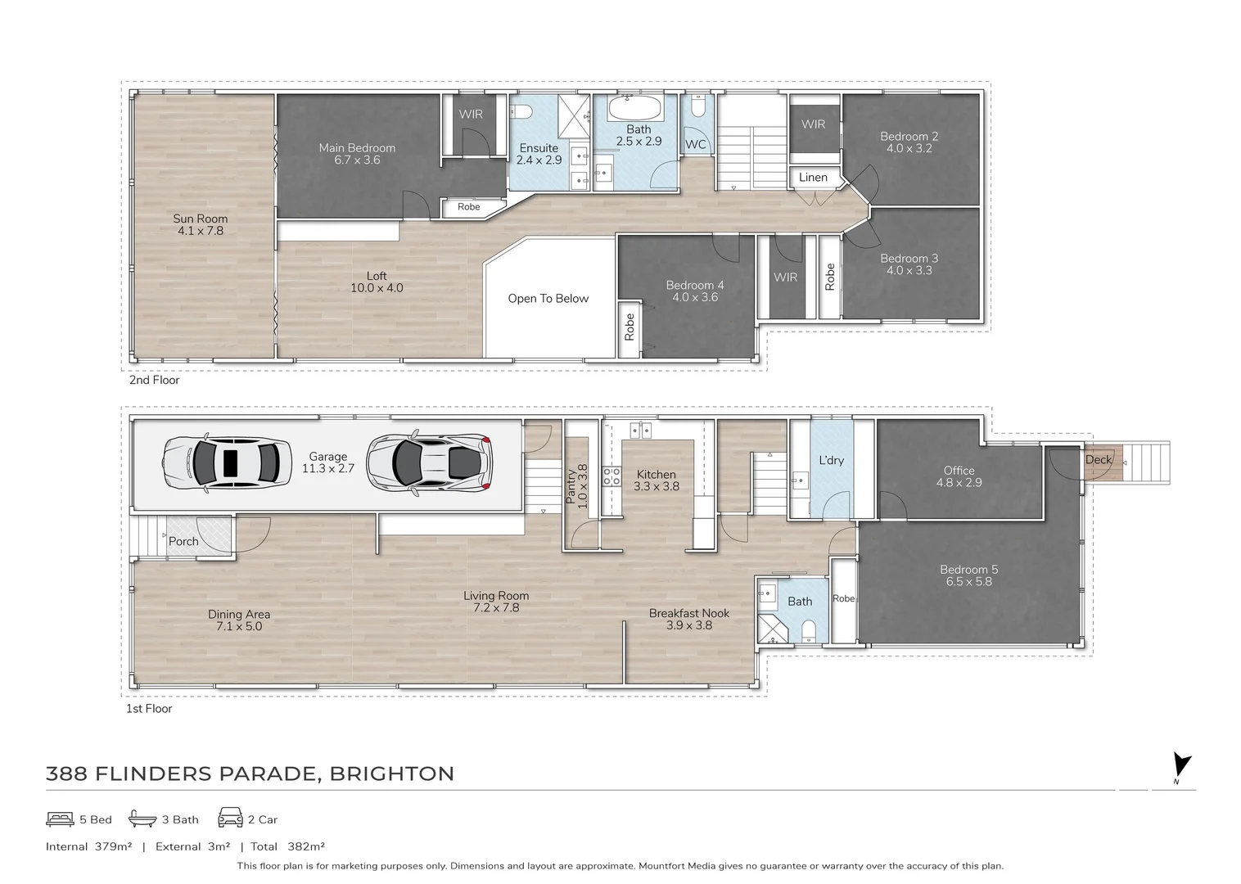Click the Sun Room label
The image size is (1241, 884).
200,219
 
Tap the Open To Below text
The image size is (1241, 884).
548,299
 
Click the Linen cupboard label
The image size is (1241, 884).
813,178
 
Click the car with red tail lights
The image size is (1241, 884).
430,463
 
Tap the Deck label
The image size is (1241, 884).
1099,460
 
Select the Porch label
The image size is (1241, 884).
183,542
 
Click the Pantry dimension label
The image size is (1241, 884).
582,487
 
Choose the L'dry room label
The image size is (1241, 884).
831,461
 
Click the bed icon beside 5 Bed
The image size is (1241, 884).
60,819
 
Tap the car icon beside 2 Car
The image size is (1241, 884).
230,819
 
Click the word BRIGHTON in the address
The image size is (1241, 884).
391,774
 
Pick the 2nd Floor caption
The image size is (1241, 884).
154,380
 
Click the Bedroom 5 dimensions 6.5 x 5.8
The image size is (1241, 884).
968,582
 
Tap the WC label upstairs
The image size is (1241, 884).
695,145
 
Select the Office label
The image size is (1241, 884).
959,471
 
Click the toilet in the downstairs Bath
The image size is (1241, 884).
809,629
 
